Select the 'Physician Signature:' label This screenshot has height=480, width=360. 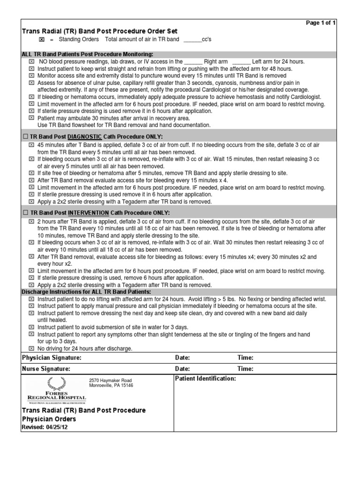pos(52,358)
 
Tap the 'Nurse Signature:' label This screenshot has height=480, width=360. pos(46,369)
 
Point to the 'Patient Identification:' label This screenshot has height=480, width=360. pos(205,379)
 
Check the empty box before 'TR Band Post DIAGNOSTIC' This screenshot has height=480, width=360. pos(25,136)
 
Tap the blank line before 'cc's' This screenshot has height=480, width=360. pos(192,40)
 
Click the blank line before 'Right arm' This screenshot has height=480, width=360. pos(193,61)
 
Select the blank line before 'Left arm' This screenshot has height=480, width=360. pos(241,61)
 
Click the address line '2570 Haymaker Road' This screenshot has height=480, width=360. pos(111,380)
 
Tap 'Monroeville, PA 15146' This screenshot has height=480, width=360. pos(111,386)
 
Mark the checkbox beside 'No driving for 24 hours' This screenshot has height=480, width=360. pos(31,348)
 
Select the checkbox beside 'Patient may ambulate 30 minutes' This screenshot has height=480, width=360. pos(31,118)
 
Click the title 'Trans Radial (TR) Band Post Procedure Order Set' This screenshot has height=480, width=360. pos(100,31)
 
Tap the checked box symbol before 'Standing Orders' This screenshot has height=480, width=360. pos(41,40)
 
